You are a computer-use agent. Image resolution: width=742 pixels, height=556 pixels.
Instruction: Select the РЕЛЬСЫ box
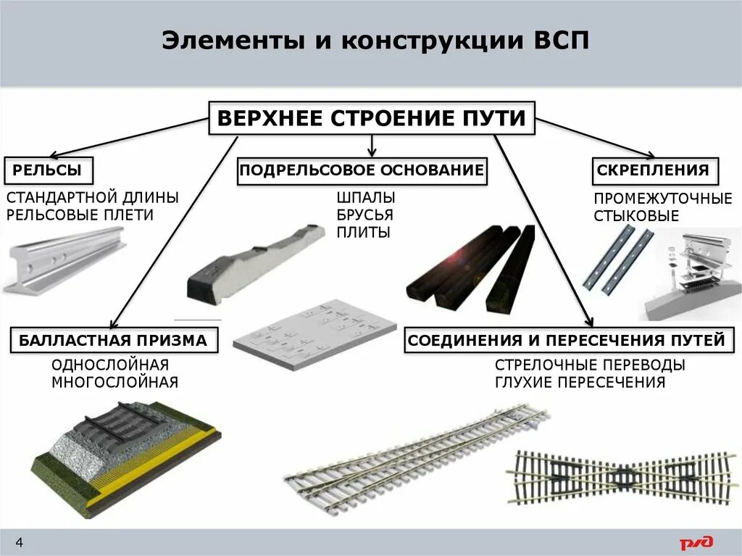pyautogui.click(x=50, y=171)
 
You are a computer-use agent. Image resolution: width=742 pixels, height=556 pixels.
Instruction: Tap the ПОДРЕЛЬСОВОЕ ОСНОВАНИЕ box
pyautogui.click(x=362, y=171)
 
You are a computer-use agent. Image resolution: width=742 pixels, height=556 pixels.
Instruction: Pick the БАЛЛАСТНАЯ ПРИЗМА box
pyautogui.click(x=114, y=340)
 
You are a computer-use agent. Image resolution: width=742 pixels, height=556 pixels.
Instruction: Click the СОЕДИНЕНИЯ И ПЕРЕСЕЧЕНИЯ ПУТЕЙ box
pyautogui.click(x=566, y=340)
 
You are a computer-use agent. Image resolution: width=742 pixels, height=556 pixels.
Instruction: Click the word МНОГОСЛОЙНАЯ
pyautogui.click(x=114, y=382)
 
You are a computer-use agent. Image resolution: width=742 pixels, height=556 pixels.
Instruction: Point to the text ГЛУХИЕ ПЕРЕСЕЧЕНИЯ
pyautogui.click(x=580, y=383)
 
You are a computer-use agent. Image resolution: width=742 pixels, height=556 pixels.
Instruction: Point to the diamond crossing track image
pyautogui.click(x=621, y=478)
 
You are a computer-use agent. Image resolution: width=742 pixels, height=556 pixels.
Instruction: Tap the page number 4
pyautogui.click(x=20, y=542)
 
